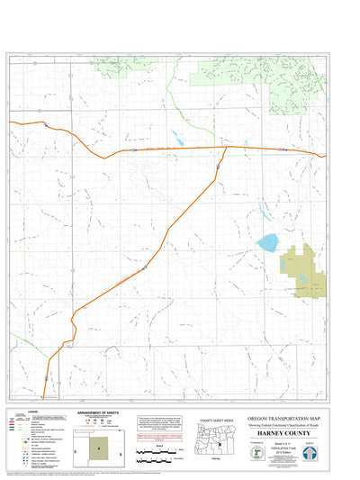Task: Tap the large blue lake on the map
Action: click(x=266, y=243)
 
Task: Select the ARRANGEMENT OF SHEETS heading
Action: click(x=102, y=413)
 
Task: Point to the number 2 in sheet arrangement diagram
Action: click(x=76, y=447)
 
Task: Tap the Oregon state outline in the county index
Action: click(x=218, y=439)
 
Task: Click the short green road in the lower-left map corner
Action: click(x=22, y=345)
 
